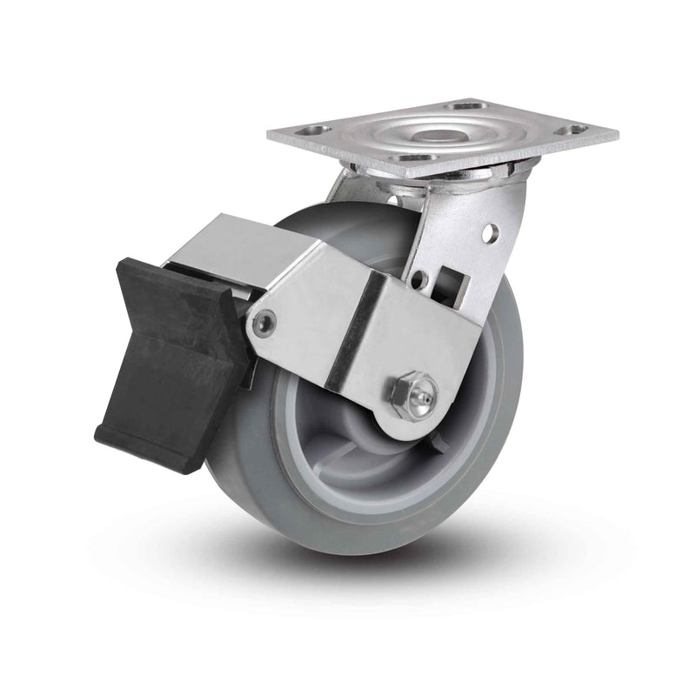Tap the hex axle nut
402,394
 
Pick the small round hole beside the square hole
421,280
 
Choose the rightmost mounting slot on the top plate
572,130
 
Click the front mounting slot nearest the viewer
415,157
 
